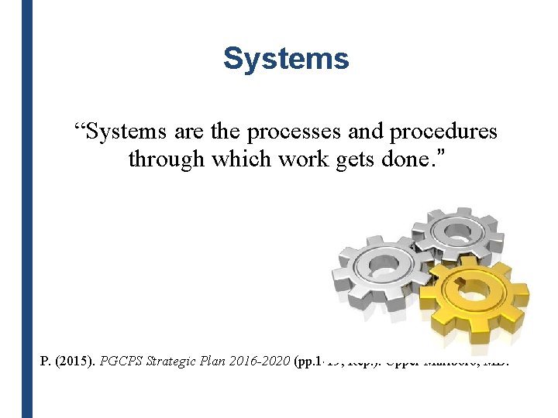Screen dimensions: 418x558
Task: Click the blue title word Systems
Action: [286, 59]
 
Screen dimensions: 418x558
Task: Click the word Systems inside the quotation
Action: [124, 132]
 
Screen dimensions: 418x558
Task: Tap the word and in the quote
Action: [366, 132]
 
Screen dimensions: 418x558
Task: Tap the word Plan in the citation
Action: [213, 361]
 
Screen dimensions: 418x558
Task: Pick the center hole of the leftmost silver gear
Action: [382, 266]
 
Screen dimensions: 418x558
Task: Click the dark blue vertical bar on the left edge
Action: [27, 209]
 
